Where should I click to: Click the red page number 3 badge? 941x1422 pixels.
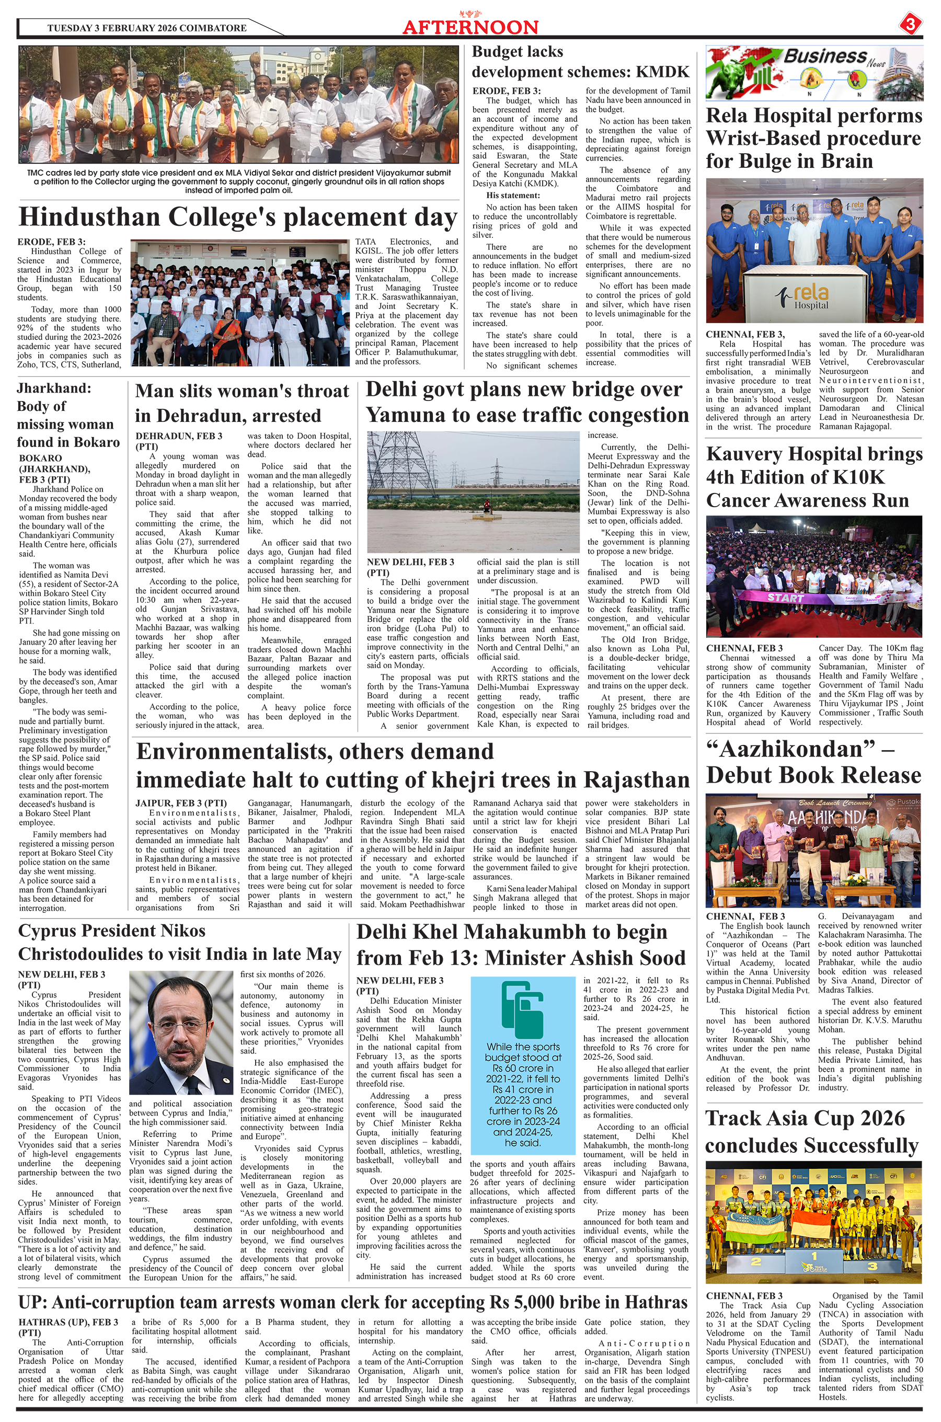click(910, 25)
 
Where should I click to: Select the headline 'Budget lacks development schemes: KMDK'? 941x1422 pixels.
click(580, 62)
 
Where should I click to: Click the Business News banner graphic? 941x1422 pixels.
click(814, 73)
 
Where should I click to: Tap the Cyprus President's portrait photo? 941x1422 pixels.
click(181, 1033)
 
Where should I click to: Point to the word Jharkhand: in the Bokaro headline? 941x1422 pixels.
click(54, 388)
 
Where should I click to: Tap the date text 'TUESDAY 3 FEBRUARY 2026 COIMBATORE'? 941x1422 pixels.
click(146, 28)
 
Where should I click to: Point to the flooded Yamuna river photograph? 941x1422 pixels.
click(473, 492)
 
